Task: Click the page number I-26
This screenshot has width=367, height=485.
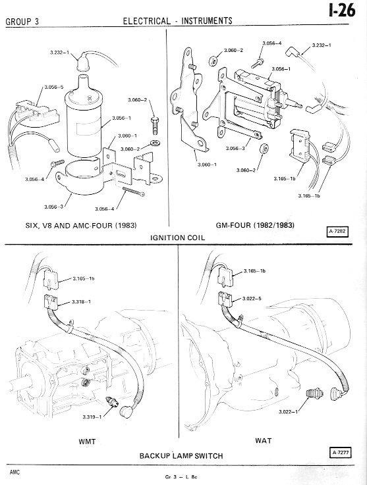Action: coord(342,11)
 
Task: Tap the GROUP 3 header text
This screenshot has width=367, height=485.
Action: coord(22,22)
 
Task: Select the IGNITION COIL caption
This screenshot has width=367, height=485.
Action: coord(177,238)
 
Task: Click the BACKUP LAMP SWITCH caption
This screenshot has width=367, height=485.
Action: coord(181,456)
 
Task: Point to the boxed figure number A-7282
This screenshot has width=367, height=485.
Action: coord(337,232)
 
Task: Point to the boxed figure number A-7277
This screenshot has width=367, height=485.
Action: coord(341,453)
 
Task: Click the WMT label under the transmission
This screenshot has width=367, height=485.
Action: coord(87,442)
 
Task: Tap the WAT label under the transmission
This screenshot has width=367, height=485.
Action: coord(264,440)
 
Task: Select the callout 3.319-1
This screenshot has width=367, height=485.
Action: coord(92,417)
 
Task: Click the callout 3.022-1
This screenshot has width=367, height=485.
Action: coord(288,412)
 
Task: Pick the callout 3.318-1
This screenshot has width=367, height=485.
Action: coord(82,301)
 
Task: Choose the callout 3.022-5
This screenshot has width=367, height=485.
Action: coord(252,299)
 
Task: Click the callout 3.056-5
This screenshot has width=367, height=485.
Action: coord(54,87)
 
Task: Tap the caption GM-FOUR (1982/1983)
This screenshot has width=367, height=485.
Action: coord(255,225)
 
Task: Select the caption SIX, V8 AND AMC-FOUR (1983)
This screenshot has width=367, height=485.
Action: coord(81,226)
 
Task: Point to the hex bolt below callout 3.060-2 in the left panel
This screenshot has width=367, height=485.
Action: coord(155,125)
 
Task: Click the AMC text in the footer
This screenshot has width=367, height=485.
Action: coord(14,472)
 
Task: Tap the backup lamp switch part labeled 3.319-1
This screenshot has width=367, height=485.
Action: coord(112,401)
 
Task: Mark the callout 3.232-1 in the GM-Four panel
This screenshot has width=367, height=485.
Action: coord(322,45)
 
